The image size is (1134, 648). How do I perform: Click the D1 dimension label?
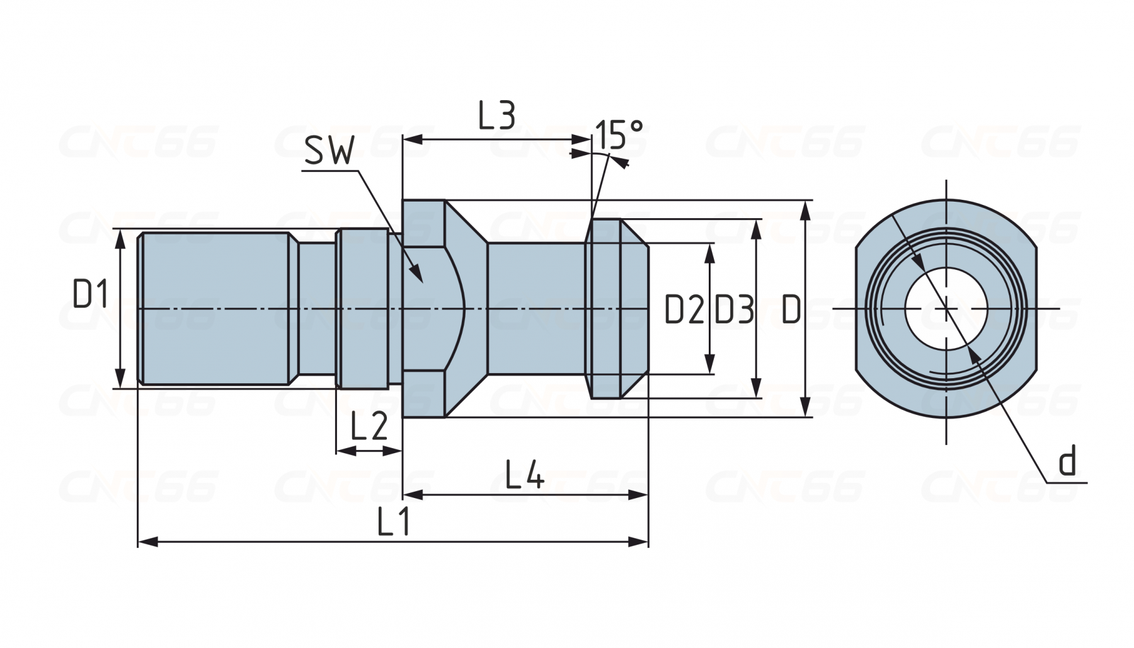(x=91, y=294)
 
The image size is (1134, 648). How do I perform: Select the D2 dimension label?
(x=684, y=310)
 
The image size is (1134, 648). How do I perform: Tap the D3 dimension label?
(x=734, y=310)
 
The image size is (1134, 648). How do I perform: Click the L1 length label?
(x=394, y=522)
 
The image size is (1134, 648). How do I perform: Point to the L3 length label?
(x=496, y=115)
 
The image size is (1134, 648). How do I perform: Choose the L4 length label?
(x=525, y=475)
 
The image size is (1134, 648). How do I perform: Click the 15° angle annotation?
(x=619, y=134)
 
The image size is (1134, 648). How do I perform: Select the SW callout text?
(x=329, y=151)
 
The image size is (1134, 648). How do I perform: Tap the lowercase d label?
(x=1067, y=461)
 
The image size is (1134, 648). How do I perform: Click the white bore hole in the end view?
(x=946, y=308)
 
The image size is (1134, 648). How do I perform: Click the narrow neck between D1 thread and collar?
(x=315, y=308)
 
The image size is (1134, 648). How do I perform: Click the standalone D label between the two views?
(x=791, y=310)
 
